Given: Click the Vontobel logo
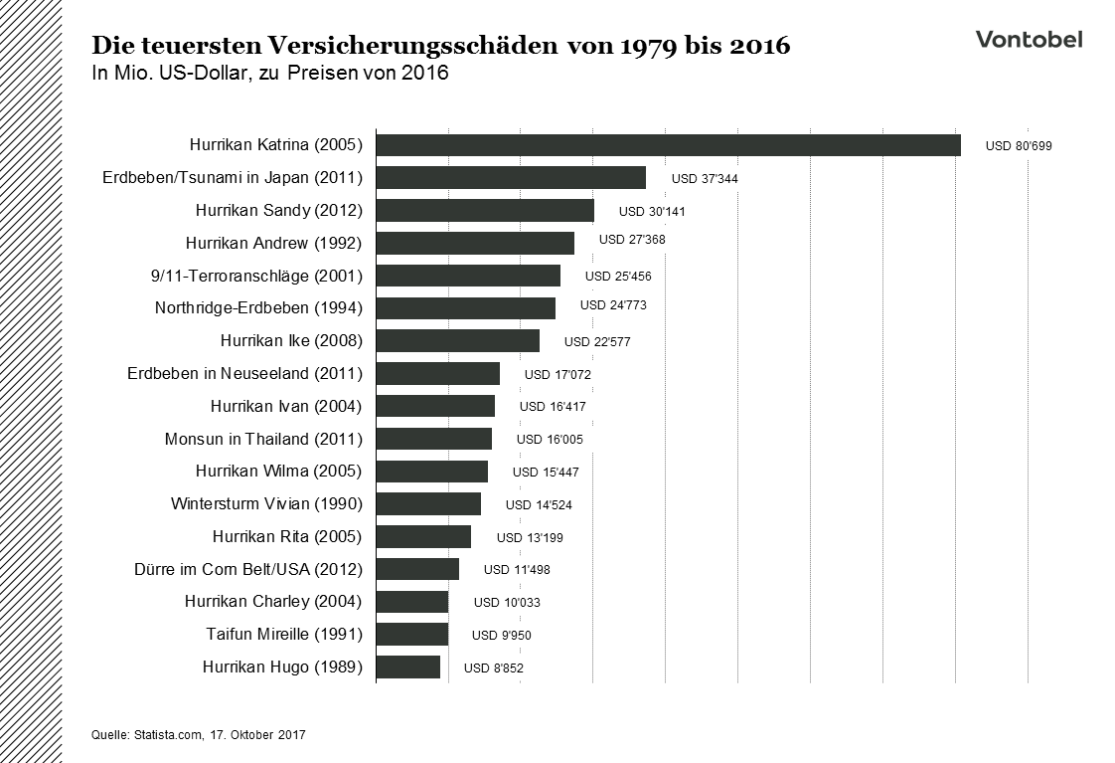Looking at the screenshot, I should point(1029,40).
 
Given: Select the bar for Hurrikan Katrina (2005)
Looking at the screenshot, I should point(668,145).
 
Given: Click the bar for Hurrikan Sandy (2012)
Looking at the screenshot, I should point(485,211).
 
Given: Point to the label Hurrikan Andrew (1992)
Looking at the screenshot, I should point(273,243).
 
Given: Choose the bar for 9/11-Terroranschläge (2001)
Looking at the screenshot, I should point(468,276).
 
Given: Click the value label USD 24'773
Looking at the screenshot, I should point(613,305).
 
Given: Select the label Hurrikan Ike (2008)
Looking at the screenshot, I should point(291,341).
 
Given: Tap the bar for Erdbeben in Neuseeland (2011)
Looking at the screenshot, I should point(437,374).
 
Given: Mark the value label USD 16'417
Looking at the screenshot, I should point(553,407).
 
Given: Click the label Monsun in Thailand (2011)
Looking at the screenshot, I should point(263,439).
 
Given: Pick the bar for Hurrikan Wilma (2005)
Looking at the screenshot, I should point(431,472).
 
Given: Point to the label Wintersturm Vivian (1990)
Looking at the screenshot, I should point(266,504).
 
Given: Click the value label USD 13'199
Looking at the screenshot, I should point(530,538).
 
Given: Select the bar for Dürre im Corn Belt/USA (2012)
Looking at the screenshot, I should point(417,569).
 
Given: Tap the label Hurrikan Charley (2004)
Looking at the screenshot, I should point(273,602).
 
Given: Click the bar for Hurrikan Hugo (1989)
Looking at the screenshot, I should point(407,667).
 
